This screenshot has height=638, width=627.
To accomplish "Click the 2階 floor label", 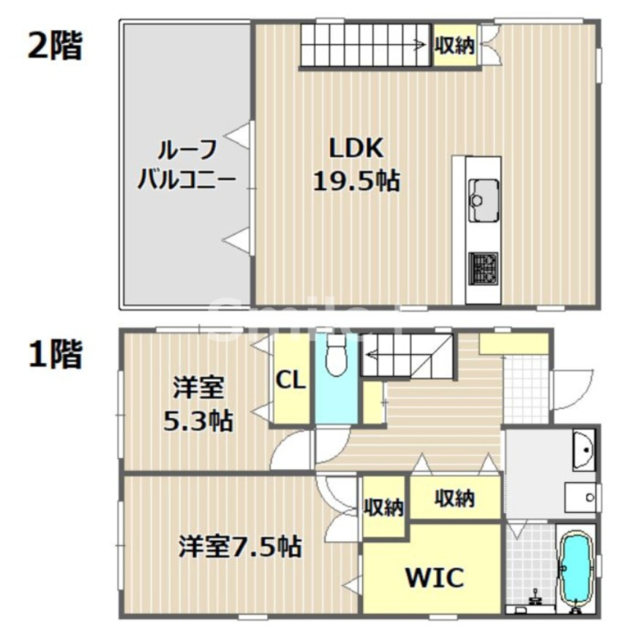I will coord(54,45).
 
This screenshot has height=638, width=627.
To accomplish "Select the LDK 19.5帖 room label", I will coord(356,164).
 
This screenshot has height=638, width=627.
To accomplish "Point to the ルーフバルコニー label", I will coord(187,164).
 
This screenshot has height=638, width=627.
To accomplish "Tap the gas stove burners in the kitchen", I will coord(483,269).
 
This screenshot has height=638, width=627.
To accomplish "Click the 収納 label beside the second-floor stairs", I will coord(455,46).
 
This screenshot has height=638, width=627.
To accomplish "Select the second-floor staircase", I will coord(364,46).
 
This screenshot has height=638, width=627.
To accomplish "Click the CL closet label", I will coord(291,380).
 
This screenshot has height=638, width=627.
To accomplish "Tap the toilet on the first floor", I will coord(337,358).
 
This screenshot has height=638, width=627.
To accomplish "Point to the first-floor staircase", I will coord(407,356).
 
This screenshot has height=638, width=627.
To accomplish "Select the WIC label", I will coord(435,578).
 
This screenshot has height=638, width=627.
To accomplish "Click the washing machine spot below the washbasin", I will coord(582,498).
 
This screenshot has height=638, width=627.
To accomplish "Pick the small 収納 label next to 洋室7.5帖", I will coord(384,507).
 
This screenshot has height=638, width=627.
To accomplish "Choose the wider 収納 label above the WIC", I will coord(454,498).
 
